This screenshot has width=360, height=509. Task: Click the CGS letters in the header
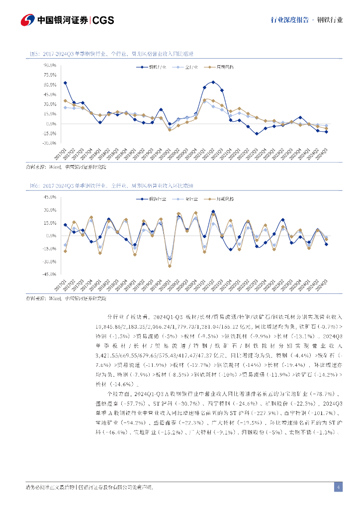103,20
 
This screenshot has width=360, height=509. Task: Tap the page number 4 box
338,487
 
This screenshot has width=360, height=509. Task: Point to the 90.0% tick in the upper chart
49,65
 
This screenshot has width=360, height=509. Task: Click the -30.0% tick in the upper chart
49,143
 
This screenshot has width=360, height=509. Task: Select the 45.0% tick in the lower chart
49,197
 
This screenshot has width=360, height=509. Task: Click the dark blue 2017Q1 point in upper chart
65,83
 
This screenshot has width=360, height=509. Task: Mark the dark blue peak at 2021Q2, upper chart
213,82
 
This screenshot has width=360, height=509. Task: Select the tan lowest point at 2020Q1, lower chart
170,266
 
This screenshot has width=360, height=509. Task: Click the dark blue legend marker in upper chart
142,66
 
